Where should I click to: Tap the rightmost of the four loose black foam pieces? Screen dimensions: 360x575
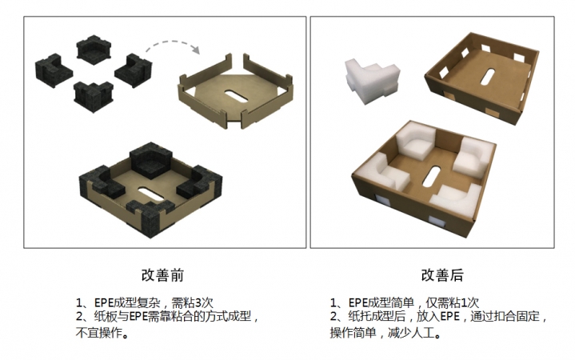(x=133, y=69)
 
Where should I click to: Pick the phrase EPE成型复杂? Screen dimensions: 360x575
(x=124, y=302)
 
